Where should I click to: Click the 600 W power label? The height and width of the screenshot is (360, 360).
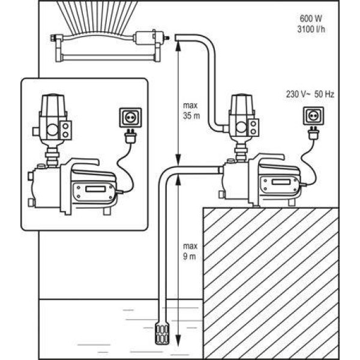(x=311, y=19)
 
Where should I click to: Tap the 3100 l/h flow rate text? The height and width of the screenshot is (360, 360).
(x=311, y=29)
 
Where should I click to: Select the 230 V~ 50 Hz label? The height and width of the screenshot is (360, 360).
(x=310, y=94)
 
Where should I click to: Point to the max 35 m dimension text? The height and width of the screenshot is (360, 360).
(x=191, y=110)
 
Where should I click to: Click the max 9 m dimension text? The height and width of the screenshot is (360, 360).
(x=190, y=251)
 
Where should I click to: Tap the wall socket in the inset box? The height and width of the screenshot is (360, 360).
(x=130, y=118)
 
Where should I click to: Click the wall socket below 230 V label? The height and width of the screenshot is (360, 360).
(x=313, y=116)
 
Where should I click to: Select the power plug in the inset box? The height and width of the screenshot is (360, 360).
(x=130, y=136)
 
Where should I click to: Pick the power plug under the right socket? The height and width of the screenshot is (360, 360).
(x=313, y=133)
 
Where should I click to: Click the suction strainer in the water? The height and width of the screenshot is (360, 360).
(x=162, y=333)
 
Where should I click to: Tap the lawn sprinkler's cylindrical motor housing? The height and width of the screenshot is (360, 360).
(x=145, y=38)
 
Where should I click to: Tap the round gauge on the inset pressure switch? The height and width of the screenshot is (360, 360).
(x=53, y=130)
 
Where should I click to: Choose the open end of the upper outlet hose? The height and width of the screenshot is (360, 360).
(x=176, y=38)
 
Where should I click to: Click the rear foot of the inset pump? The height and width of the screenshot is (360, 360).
(x=107, y=211)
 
